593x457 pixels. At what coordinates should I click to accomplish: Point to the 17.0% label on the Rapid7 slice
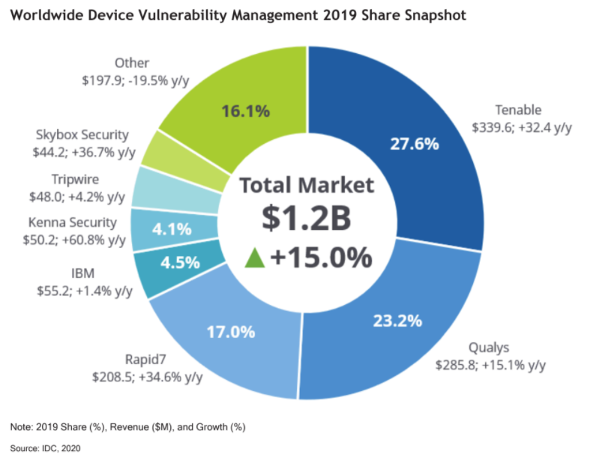[x=231, y=330]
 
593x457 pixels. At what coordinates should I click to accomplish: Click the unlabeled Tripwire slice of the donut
[x=156, y=187]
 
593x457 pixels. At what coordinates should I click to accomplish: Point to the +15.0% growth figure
[x=321, y=257]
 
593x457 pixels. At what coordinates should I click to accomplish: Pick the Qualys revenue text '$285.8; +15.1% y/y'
[x=491, y=365]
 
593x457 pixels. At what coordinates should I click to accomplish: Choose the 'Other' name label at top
[x=131, y=63]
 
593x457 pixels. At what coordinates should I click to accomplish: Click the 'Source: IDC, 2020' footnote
[x=46, y=447]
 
